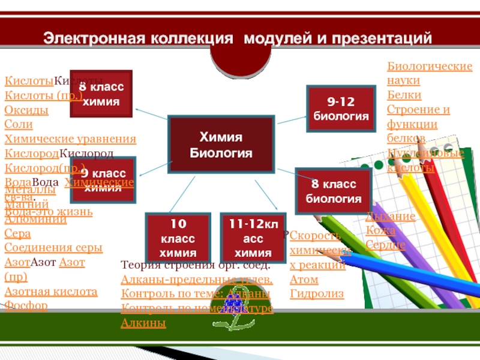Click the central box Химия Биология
pyautogui.click(x=221, y=145)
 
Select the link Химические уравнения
pyautogui.click(x=70, y=139)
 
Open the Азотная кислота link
pyautogui.click(x=51, y=292)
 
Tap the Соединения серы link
pyautogui.click(x=53, y=247)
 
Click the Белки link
pyautogui.click(x=404, y=95)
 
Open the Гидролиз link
pyautogui.click(x=317, y=294)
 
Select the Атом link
pyautogui.click(x=304, y=279)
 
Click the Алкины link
pyautogui.click(x=143, y=323)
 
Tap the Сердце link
pyautogui.click(x=385, y=245)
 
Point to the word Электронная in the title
pyautogui.click(x=90, y=39)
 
